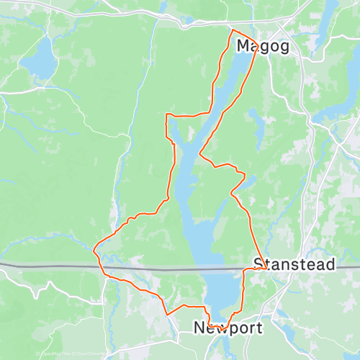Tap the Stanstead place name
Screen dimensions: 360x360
point(294,265)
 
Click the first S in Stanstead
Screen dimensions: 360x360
point(258,265)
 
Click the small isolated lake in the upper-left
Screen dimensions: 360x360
point(39,58)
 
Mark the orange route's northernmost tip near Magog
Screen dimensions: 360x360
point(232,30)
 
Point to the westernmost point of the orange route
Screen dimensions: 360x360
point(94,250)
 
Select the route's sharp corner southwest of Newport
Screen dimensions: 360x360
point(168,314)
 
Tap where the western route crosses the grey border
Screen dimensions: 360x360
point(101,267)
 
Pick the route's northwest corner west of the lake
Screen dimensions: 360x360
point(166,114)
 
